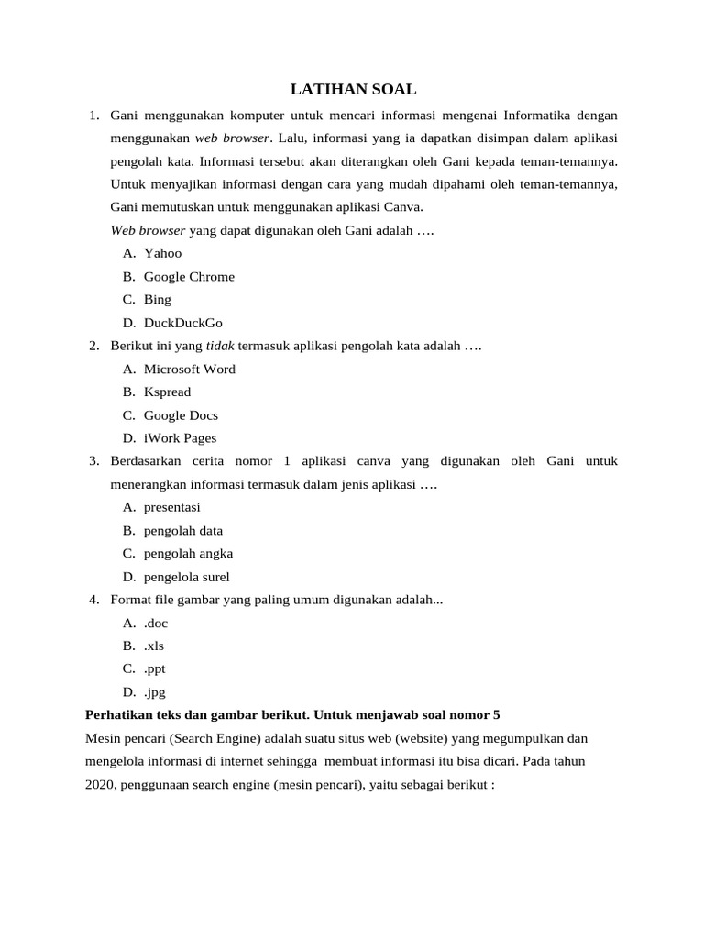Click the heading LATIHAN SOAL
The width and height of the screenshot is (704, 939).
[353, 89]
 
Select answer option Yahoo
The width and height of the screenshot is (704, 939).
[162, 253]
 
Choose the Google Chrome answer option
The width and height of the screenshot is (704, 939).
[189, 276]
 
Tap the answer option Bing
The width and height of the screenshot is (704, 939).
[157, 299]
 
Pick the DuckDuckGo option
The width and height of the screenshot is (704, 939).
[182, 323]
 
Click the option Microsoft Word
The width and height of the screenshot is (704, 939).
[189, 369]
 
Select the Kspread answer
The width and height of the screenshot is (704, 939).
[167, 392]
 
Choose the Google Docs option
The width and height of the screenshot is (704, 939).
[181, 415]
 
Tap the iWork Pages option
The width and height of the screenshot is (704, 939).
[180, 438]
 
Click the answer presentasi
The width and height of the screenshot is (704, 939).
[171, 507]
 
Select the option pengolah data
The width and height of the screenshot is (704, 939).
[182, 530]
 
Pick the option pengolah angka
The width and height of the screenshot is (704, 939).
[188, 553]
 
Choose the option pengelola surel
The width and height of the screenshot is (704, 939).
[186, 577]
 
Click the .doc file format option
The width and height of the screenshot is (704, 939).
[156, 623]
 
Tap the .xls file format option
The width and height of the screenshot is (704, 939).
[153, 646]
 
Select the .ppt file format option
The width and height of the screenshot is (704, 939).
[155, 668]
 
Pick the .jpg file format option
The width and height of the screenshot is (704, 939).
[154, 692]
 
